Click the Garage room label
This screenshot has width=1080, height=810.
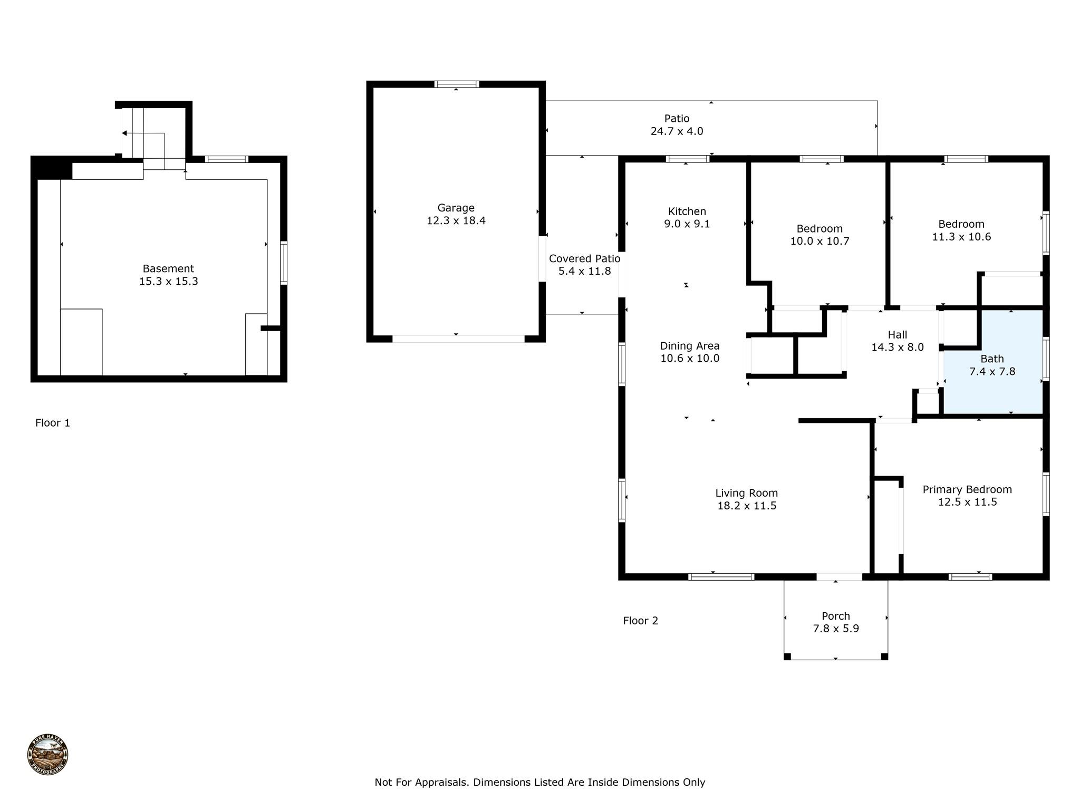click(x=456, y=208)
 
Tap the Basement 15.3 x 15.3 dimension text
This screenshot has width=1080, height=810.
click(x=169, y=282)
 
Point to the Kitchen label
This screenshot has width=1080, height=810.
click(x=687, y=211)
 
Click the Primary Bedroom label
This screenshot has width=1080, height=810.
click(x=967, y=489)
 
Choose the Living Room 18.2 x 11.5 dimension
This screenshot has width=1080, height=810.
click(x=747, y=506)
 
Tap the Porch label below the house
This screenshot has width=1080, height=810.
click(x=836, y=616)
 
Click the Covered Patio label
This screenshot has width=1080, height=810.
click(x=584, y=258)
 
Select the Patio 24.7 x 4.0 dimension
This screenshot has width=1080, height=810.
click(x=677, y=131)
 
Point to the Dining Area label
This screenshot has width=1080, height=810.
click(x=690, y=346)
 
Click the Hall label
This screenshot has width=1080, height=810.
click(x=898, y=335)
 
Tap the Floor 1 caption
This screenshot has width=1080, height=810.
click(x=53, y=423)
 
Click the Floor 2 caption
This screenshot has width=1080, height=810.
click(x=641, y=621)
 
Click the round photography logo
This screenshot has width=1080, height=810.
click(x=47, y=755)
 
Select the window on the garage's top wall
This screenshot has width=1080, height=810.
click(x=457, y=84)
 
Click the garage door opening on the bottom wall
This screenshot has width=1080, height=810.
click(x=458, y=339)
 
